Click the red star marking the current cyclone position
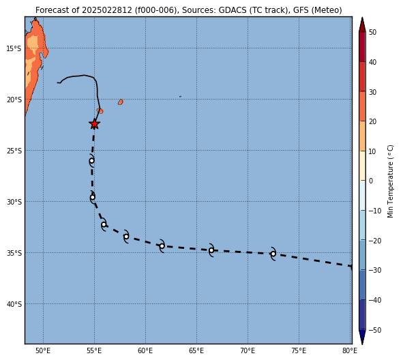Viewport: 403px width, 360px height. click(x=95, y=124)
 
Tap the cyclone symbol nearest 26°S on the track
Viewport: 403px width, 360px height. click(x=92, y=161)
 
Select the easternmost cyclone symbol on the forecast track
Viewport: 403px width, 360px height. click(x=273, y=254)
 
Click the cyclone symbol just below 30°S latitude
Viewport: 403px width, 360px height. click(x=93, y=197)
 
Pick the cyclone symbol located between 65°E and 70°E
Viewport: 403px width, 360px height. click(x=211, y=250)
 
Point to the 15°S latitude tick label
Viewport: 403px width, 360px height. click(x=14, y=48)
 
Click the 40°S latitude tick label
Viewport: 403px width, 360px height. click(x=14, y=304)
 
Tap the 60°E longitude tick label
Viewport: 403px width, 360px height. click(x=145, y=350)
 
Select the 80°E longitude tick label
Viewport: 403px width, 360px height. click(x=350, y=350)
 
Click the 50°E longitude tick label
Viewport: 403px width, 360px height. click(x=43, y=350)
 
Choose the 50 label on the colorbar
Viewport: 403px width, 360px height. click(x=372, y=32)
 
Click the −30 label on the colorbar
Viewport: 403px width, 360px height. click(x=375, y=270)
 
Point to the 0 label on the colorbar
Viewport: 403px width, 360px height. click(x=371, y=181)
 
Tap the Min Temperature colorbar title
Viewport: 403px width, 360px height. click(x=390, y=181)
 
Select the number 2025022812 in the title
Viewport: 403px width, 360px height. click(x=107, y=10)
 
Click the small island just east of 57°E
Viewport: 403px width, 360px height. click(x=121, y=102)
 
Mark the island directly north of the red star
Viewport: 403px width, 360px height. click(x=100, y=110)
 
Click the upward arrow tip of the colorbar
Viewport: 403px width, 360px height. click(x=362, y=18)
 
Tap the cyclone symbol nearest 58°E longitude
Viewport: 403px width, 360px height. click(x=126, y=237)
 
